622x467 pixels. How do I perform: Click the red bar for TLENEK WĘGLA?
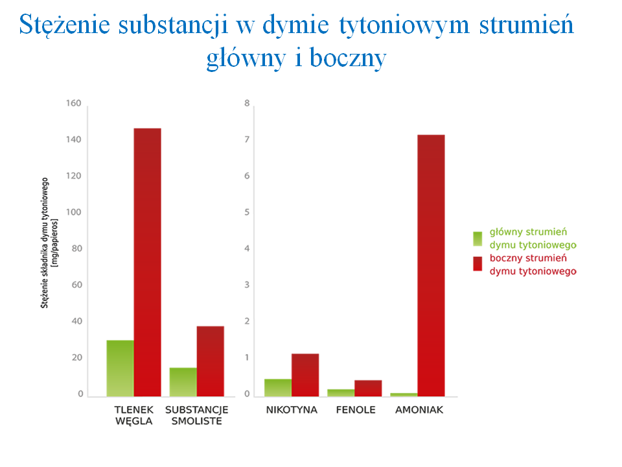147,262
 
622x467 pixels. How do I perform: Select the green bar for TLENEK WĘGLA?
120,368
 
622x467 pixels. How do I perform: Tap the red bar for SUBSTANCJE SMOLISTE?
210,361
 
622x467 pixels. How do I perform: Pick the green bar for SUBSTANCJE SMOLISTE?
183,382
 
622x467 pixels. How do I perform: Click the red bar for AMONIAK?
431,265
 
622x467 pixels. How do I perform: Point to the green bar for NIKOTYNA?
277,387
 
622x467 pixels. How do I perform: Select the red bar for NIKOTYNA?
305,375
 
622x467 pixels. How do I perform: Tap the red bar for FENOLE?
367,388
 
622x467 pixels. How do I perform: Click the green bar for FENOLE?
341,392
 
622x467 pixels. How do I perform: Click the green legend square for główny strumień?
478,238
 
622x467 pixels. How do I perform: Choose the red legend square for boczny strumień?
478,264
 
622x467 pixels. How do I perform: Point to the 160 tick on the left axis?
74,104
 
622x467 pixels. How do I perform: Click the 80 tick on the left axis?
76,249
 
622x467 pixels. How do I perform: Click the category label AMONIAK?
419,410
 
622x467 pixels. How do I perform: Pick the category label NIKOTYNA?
292,410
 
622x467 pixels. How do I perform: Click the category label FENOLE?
355,410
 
